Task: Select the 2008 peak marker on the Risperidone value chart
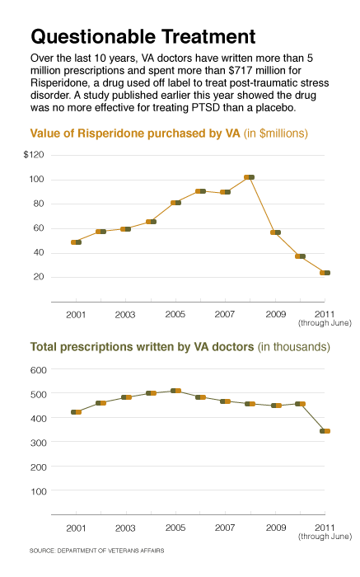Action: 250,177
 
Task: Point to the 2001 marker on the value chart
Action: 76,242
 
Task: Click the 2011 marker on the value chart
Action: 325,273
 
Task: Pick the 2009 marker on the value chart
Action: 276,232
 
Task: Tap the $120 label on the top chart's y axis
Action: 34,155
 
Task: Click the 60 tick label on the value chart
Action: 39,228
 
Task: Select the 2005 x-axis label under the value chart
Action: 175,314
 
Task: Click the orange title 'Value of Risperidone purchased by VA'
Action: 135,134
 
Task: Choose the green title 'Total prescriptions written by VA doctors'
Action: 142,347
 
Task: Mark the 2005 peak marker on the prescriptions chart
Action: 175,391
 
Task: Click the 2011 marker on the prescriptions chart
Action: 325,431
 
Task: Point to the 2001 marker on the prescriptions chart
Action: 76,412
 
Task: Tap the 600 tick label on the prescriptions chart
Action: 39,370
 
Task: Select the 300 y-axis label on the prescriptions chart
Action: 39,443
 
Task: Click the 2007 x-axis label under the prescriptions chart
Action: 225,528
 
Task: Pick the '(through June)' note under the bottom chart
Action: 325,537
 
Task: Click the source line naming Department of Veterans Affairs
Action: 96,551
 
